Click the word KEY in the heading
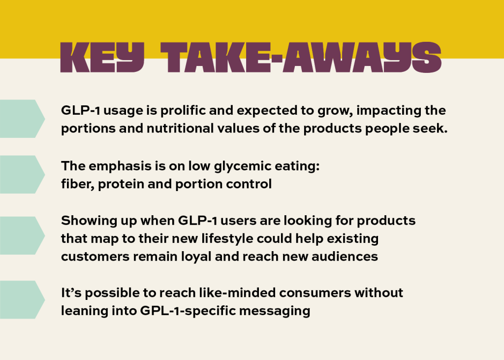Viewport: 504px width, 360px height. point(102,58)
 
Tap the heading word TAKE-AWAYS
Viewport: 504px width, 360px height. point(301,58)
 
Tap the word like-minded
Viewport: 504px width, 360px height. point(237,293)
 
